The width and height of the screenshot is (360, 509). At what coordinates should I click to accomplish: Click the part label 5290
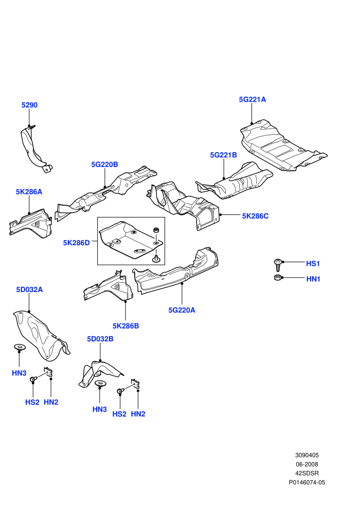coord(29,105)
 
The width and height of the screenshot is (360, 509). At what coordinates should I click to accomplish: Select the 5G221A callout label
coord(252,99)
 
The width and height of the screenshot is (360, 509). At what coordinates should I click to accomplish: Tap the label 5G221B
coord(223,155)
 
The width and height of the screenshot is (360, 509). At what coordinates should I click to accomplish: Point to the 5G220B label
coord(104,165)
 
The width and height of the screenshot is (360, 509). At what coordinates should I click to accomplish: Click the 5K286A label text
coord(29,192)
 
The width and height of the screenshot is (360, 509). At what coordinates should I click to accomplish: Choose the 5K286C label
coord(255,216)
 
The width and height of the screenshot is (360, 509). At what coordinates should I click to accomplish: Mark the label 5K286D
coord(76,243)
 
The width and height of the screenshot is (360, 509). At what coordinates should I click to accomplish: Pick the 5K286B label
coord(125,326)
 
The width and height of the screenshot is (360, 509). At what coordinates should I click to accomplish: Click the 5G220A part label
coord(182,310)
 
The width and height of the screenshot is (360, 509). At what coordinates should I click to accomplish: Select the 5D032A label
coord(29,289)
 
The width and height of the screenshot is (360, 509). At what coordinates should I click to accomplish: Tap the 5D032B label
coord(100,339)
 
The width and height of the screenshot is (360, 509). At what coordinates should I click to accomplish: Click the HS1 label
coord(313,264)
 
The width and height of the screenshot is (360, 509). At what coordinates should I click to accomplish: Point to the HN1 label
coord(313,279)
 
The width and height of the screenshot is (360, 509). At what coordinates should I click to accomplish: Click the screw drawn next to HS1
coord(278,265)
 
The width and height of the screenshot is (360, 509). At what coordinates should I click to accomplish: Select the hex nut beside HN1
coord(278,277)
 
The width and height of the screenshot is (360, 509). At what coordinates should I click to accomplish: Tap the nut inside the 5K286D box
coord(156,230)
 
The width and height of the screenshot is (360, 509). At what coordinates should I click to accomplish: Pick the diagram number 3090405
coord(307,455)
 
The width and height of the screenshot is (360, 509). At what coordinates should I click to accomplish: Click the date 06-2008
coord(307,464)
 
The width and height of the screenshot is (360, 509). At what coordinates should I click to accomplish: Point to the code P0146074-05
coord(307,482)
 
